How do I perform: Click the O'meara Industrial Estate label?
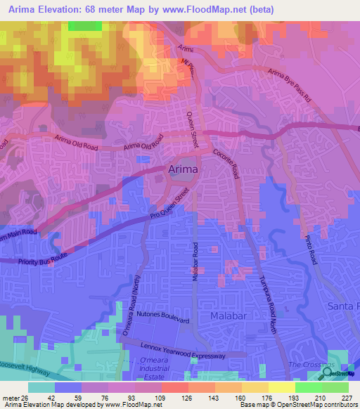(x=149, y=369)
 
